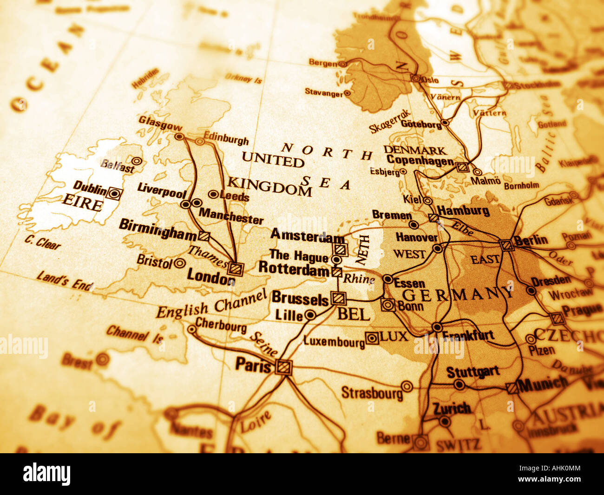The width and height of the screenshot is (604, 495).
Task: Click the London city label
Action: click(x=210, y=277)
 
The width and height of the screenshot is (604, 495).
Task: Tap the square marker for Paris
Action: click(x=282, y=367)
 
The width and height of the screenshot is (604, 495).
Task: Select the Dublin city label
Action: click(x=90, y=188)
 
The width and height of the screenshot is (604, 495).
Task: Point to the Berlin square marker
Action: click(x=507, y=245)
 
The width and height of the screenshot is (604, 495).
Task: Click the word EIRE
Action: click(x=82, y=204)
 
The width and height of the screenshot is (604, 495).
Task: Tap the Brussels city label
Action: click(x=300, y=298)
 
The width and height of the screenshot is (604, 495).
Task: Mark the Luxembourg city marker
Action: click(x=372, y=338)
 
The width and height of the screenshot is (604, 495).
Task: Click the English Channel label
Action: click(x=211, y=304)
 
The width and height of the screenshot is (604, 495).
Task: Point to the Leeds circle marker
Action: click(x=213, y=194)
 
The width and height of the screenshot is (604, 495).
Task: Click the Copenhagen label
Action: click(x=420, y=161)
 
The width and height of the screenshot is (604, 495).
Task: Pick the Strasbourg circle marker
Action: click(x=407, y=386)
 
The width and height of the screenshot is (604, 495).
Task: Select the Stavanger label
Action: click(x=323, y=92)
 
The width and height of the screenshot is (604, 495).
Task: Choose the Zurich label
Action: click(x=452, y=409)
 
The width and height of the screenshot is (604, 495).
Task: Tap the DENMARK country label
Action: click(x=415, y=150)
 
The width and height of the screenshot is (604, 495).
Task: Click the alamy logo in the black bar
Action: click(x=46, y=474)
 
